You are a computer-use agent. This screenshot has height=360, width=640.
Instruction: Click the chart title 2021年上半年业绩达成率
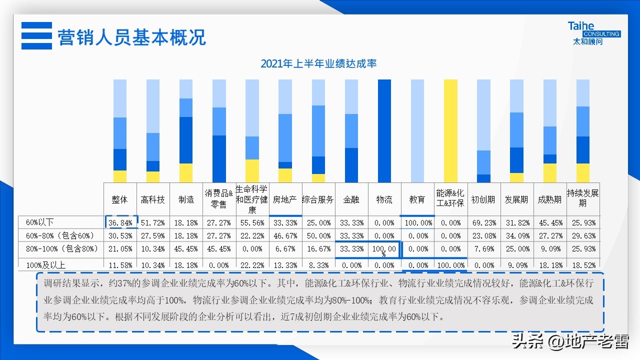click(318, 63)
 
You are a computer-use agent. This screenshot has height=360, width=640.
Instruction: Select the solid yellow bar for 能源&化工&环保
click(450, 131)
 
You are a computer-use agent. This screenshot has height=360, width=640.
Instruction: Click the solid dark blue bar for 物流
click(384, 131)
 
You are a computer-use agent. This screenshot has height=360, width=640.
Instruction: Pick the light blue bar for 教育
click(417, 131)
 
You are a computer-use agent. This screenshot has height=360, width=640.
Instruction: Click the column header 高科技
click(153, 199)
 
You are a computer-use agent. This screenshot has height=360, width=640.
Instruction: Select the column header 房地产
click(285, 199)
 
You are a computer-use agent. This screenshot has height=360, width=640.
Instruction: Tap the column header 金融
click(351, 199)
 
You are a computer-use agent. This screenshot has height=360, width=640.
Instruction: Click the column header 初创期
click(483, 199)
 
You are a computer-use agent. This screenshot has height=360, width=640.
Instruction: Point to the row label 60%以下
click(39, 222)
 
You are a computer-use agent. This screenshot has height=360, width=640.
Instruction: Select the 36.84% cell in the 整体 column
click(120, 222)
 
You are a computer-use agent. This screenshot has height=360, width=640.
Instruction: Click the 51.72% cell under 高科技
click(153, 222)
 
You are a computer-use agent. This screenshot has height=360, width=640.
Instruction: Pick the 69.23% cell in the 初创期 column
click(483, 222)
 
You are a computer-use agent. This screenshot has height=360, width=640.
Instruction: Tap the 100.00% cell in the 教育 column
click(417, 222)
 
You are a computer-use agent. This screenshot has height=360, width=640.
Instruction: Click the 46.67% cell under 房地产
click(285, 235)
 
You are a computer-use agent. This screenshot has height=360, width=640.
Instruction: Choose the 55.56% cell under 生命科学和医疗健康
click(252, 222)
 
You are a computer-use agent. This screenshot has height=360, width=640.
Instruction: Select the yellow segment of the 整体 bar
click(120, 176)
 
